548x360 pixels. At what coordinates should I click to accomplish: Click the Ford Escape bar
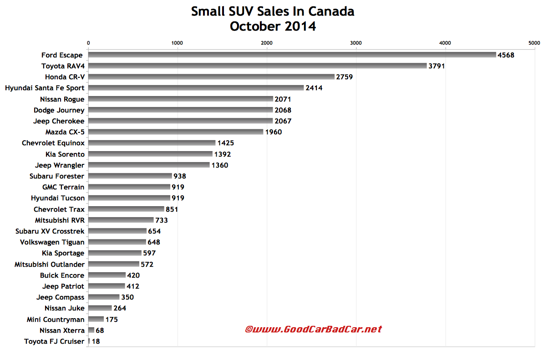[292, 55]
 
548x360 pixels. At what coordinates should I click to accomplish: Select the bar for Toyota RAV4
[257, 66]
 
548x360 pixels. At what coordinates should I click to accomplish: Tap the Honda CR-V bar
[211, 77]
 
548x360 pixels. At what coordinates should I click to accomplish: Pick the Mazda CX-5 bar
[176, 132]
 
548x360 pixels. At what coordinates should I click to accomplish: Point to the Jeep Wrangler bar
[149, 165]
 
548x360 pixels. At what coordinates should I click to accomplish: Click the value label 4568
[506, 55]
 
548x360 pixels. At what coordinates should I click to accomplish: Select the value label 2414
[314, 88]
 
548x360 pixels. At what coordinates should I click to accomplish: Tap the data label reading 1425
[225, 143]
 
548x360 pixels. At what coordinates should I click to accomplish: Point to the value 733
[162, 220]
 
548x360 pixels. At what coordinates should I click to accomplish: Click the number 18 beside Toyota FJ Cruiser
[96, 341]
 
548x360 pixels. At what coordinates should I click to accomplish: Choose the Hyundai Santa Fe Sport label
[45, 88]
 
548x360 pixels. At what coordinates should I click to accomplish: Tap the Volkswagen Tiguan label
[52, 242]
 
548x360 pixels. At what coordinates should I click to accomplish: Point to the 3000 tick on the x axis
[356, 43]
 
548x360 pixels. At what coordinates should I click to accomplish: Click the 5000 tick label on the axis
[534, 43]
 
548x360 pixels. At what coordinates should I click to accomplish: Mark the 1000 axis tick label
[177, 43]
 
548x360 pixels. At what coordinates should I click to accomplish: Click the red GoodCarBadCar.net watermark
[313, 329]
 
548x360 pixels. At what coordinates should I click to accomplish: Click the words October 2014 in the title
[273, 26]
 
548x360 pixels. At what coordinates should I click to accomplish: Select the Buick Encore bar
[107, 275]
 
